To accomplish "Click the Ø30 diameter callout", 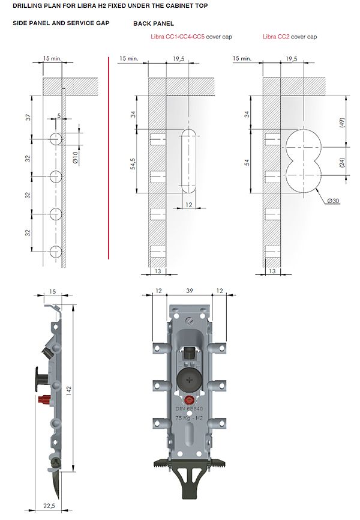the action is pyautogui.click(x=333, y=201).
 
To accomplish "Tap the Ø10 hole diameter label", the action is pyautogui.click(x=75, y=157).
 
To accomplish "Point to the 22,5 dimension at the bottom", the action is pyautogui.click(x=49, y=506).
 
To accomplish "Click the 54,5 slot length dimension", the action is pyautogui.click(x=133, y=164).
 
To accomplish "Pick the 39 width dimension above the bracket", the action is pyautogui.click(x=189, y=291).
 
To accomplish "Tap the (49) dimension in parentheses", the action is pyautogui.click(x=342, y=122).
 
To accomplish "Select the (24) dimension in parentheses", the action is pyautogui.click(x=342, y=162).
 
